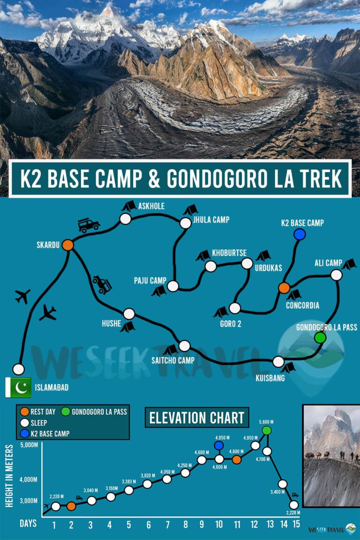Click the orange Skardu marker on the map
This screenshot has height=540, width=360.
(x=68, y=245)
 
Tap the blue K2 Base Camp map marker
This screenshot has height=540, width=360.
(x=300, y=234)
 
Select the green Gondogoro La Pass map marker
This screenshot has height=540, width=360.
(x=320, y=337)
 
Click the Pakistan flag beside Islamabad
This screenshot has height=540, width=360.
(x=18, y=387)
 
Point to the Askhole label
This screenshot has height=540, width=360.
(x=151, y=206)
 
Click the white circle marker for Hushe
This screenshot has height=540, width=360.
(x=129, y=314)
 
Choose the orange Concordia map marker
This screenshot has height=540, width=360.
(x=284, y=288)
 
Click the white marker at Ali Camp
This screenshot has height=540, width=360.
(x=337, y=275)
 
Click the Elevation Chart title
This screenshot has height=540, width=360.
(x=197, y=417)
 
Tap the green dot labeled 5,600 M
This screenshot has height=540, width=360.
(x=267, y=430)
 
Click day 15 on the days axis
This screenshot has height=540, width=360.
(x=295, y=524)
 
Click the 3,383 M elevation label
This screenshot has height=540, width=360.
(x=128, y=481)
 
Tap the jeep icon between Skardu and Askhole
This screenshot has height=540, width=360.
(x=89, y=225)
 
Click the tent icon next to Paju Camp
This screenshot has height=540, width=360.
(x=159, y=291)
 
